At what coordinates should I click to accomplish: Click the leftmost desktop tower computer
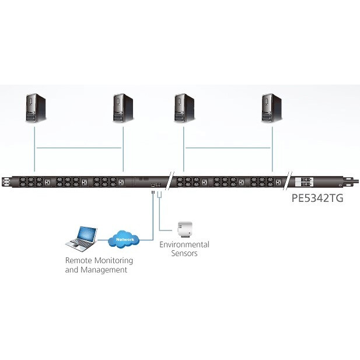pos(36,109)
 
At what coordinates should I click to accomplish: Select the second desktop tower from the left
pos(123,109)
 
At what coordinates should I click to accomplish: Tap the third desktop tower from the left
pos(184,109)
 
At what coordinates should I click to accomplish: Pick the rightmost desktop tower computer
pos(271,109)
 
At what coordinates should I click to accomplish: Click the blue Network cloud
pos(125,239)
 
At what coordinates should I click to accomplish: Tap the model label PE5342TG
pos(317,198)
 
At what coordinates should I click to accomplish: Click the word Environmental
pos(184,244)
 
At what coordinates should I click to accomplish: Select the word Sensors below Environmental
pos(184,253)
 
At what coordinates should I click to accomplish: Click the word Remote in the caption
pos(79,260)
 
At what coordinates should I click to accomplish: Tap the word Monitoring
pos(114,261)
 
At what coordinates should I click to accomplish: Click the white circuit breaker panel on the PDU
pos(305,181)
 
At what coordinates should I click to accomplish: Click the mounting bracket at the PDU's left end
pos(6,181)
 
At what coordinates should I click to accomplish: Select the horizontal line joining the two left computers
pos(79,148)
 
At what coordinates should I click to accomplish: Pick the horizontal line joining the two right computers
pos(228,148)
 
